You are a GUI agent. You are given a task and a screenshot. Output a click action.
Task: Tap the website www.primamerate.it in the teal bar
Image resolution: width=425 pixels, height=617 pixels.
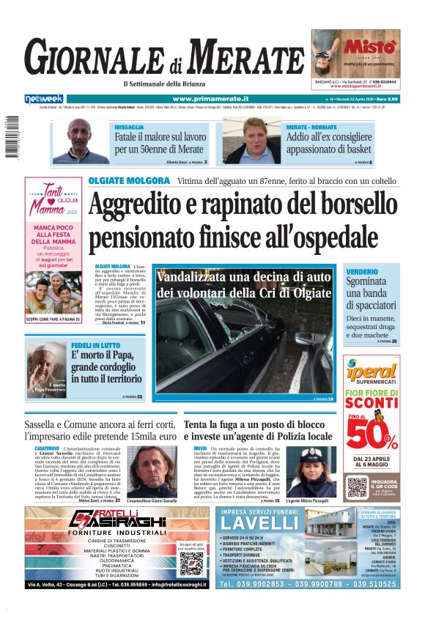point(210,98)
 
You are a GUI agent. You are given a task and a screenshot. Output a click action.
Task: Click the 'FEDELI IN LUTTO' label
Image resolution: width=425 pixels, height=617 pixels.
point(95,345)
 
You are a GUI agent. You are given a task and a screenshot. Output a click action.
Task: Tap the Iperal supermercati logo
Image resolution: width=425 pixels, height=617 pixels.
point(372,371)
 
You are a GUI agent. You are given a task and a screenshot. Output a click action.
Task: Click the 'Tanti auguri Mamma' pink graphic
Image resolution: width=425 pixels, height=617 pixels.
point(53,199)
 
